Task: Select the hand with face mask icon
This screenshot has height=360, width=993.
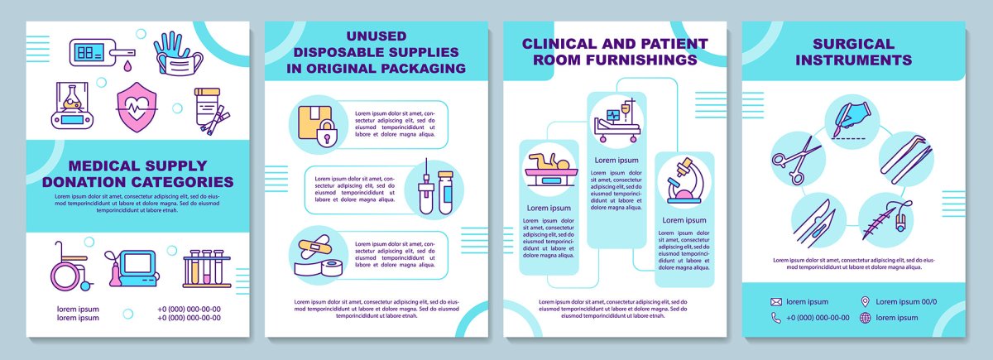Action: point(178,54)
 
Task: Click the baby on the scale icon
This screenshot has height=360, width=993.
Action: point(547,172)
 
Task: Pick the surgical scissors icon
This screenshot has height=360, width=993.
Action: point(794,161)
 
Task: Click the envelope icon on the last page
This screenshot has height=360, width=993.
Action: point(776,301)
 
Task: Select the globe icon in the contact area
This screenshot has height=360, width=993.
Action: point(866,318)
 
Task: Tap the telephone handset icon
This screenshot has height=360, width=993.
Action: point(776,318)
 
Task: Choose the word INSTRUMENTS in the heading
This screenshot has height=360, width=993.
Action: point(853,60)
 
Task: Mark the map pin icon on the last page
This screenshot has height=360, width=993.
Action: point(866,301)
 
